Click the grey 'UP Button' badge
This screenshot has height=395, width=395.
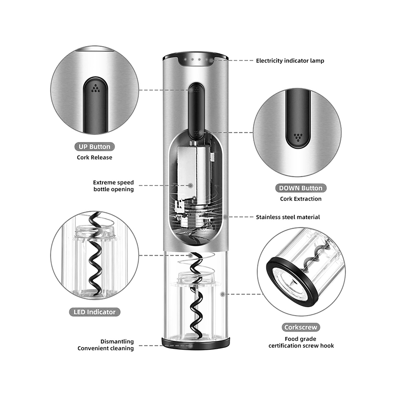tap(94, 146)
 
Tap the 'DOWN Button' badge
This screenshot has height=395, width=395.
tap(301, 188)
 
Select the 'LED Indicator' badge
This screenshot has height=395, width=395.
tap(94, 312)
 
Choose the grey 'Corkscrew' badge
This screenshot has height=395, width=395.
tap(301, 328)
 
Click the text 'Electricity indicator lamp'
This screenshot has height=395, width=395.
tap(290, 60)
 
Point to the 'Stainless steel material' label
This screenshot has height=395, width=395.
tap(288, 217)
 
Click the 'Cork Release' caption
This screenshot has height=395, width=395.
tap(95, 157)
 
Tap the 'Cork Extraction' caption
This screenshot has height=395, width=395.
tap(301, 199)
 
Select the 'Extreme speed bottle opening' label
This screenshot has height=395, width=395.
tap(113, 186)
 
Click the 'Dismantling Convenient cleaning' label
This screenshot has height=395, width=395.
tap(106, 345)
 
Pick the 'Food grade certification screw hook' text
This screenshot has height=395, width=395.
tap(301, 342)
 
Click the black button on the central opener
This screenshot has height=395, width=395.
tap(196, 111)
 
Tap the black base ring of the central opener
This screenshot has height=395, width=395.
tap(196, 344)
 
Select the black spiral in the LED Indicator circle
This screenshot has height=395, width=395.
tap(95, 257)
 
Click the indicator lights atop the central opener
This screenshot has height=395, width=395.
tap(195, 59)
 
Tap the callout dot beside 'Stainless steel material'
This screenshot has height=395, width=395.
tap(226, 217)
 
